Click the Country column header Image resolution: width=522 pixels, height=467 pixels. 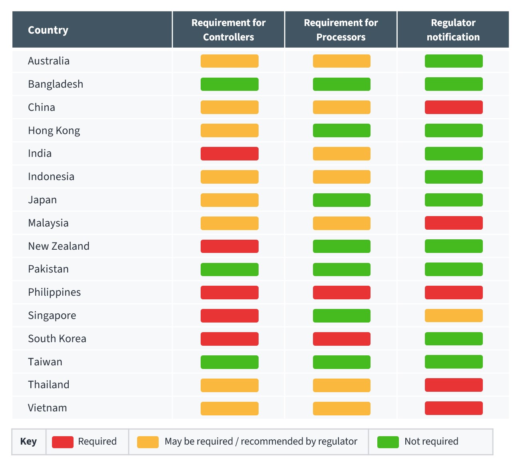pyautogui.click(x=48, y=30)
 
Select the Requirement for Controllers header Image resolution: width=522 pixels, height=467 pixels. pyautogui.click(x=229, y=30)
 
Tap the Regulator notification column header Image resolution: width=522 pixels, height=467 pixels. pyautogui.click(x=453, y=30)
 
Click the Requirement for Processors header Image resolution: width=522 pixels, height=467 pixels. pyautogui.click(x=341, y=30)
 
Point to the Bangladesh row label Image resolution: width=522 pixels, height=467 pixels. pyautogui.click(x=56, y=84)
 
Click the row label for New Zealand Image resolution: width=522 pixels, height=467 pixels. pyautogui.click(x=59, y=246)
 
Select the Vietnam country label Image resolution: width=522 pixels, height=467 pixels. pyautogui.click(x=48, y=408)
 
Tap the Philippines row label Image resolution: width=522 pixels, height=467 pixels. pyautogui.click(x=54, y=292)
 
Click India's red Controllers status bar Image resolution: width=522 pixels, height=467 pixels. pyautogui.click(x=229, y=154)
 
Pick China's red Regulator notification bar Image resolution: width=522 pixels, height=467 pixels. pyautogui.click(x=454, y=107)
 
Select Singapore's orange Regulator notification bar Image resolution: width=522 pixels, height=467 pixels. pyautogui.click(x=454, y=316)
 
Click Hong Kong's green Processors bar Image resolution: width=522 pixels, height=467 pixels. pyautogui.click(x=342, y=130)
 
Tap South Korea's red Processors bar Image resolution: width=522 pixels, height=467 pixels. pyautogui.click(x=342, y=339)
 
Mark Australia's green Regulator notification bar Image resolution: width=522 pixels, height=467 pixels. pyautogui.click(x=454, y=61)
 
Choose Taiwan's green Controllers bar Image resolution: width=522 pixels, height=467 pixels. pyautogui.click(x=229, y=362)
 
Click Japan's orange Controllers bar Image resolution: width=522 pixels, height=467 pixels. pyautogui.click(x=229, y=200)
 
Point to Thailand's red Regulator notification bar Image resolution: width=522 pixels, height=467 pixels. pyautogui.click(x=454, y=385)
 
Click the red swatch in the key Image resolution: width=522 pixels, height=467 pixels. pyautogui.click(x=63, y=442)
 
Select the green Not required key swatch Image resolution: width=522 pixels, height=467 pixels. pyautogui.click(x=388, y=442)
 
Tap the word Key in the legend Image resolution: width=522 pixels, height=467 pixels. pyautogui.click(x=28, y=441)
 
